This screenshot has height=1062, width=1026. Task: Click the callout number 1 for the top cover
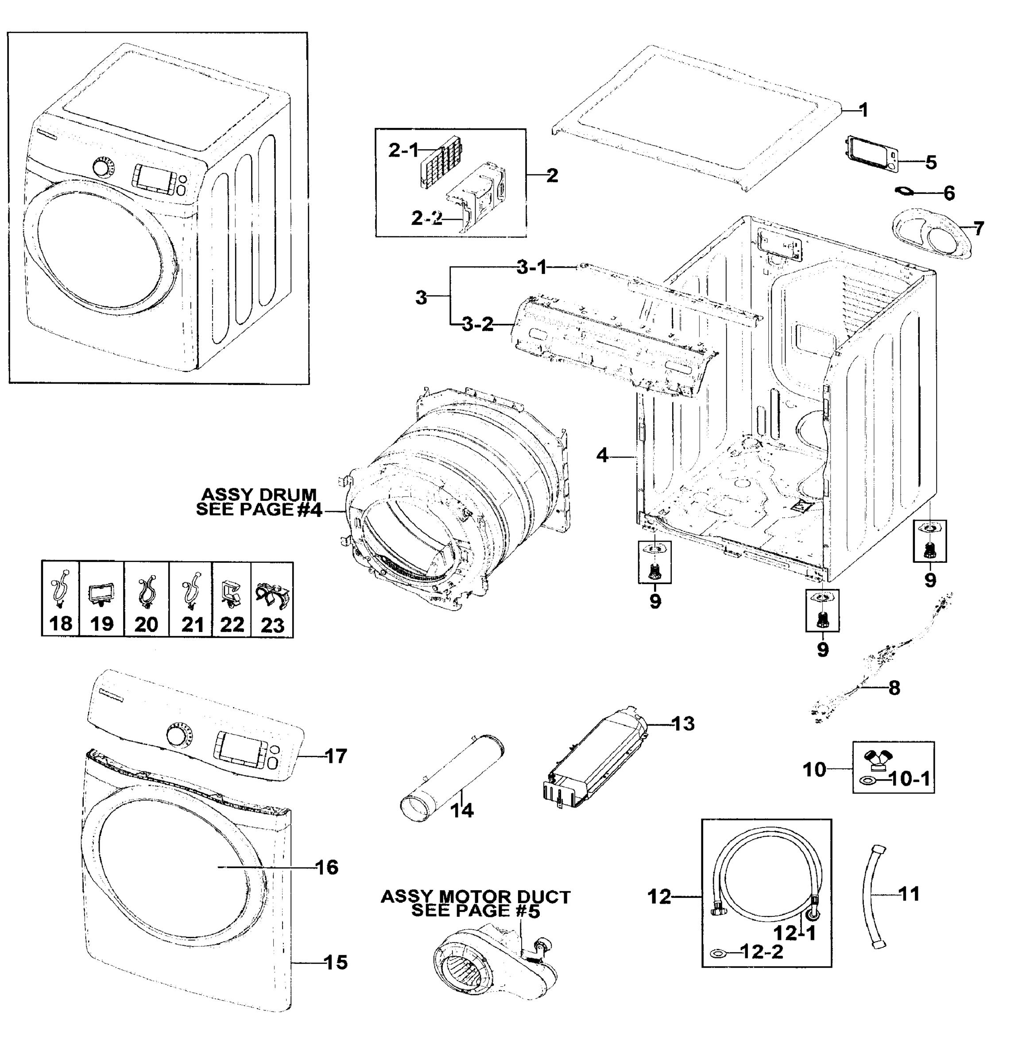[x=863, y=110]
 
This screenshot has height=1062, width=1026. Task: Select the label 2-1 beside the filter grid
[x=403, y=150]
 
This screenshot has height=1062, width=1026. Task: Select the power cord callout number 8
[x=894, y=688]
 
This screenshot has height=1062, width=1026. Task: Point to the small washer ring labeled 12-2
[x=717, y=951]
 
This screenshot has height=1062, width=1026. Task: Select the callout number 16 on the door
[x=326, y=867]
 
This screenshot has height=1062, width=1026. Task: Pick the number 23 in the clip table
[x=272, y=625]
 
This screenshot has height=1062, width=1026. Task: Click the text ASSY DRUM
[x=258, y=494]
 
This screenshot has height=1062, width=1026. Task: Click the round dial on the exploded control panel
[x=176, y=736]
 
